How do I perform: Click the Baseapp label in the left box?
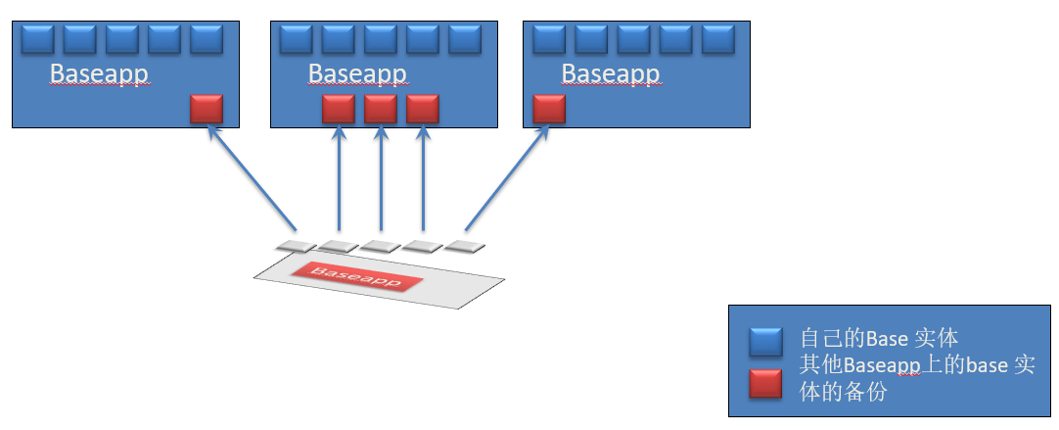99,74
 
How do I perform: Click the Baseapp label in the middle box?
357,74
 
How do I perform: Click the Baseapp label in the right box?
611,74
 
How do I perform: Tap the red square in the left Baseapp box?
207,109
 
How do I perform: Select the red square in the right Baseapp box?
550,109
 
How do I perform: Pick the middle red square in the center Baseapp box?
381,109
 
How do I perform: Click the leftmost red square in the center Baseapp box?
339,109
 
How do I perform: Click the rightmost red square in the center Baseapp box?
423,109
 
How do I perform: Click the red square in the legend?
765,383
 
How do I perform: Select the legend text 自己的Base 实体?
878,339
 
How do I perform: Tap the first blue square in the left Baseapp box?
37,40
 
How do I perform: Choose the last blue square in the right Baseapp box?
718,40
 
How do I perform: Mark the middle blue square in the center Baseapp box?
381,40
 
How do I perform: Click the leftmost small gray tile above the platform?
292,245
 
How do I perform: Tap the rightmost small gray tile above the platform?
466,245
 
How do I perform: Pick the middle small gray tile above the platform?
379,246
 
